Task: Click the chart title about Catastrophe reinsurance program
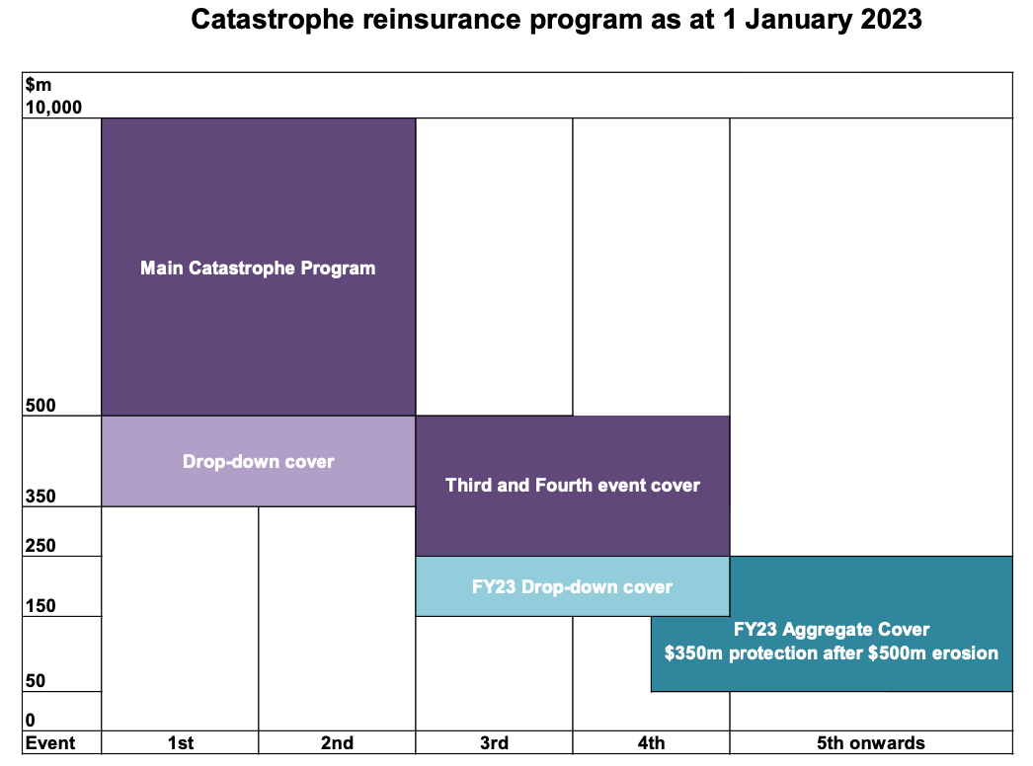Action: coord(556,21)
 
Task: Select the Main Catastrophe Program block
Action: coord(258,267)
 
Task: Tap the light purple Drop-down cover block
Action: coord(258,461)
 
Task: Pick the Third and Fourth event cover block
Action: coord(572,485)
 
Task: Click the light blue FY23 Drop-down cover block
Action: coord(572,586)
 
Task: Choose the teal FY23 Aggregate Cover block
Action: coord(832,642)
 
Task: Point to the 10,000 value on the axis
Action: coord(52,108)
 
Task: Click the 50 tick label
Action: coord(35,681)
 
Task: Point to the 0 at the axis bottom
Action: coord(30,721)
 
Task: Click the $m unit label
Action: coord(37,86)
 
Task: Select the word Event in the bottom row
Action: coord(48,743)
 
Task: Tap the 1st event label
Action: coord(180,743)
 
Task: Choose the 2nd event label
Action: coord(337,743)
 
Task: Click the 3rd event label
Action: coord(494,743)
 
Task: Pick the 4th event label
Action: coord(651,743)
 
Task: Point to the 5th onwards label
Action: coord(871,743)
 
